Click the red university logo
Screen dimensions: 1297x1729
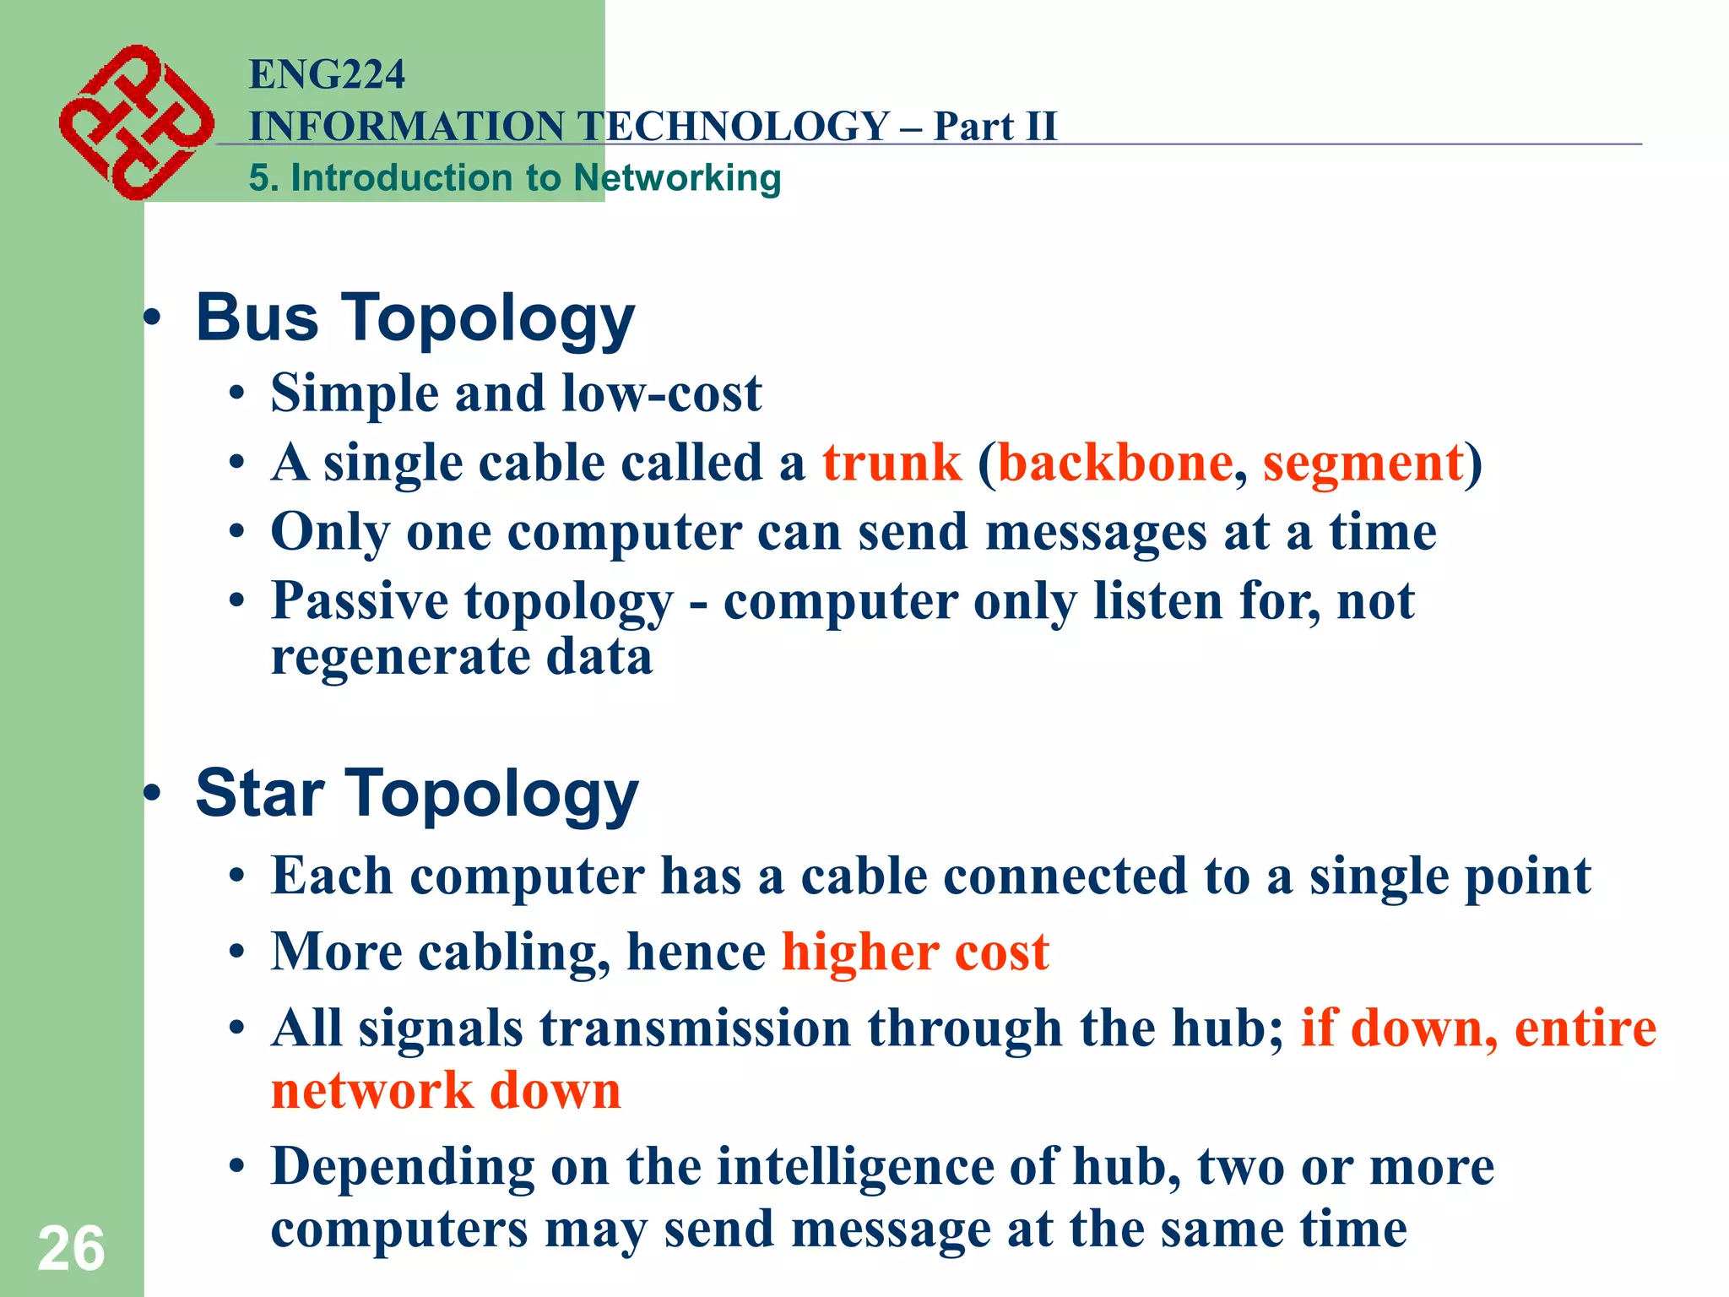point(135,122)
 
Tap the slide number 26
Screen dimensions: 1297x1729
point(71,1248)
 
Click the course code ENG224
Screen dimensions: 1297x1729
point(327,74)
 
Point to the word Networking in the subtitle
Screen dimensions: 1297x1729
point(677,178)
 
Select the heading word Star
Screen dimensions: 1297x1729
point(260,794)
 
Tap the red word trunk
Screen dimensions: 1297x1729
point(892,463)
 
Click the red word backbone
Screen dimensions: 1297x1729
point(1114,463)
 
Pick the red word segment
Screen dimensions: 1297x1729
point(1363,464)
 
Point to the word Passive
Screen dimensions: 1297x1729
point(360,601)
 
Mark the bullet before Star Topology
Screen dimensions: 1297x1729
point(152,794)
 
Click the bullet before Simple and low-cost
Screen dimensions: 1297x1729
point(237,394)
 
